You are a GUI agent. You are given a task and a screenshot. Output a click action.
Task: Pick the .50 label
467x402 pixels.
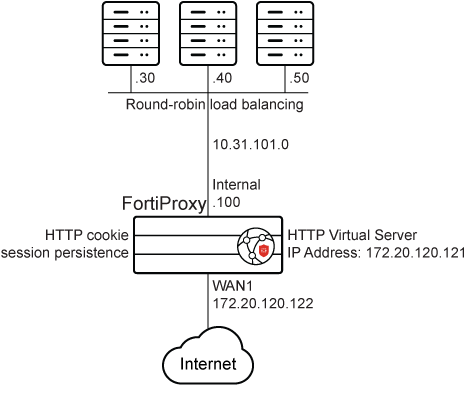point(296,78)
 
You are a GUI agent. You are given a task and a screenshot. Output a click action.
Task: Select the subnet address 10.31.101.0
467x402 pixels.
point(251,144)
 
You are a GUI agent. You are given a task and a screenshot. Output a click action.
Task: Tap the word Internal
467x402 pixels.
point(237,185)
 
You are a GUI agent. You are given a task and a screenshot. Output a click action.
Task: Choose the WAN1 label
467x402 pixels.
point(232,285)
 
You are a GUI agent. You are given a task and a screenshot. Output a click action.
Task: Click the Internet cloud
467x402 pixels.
point(209,364)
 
